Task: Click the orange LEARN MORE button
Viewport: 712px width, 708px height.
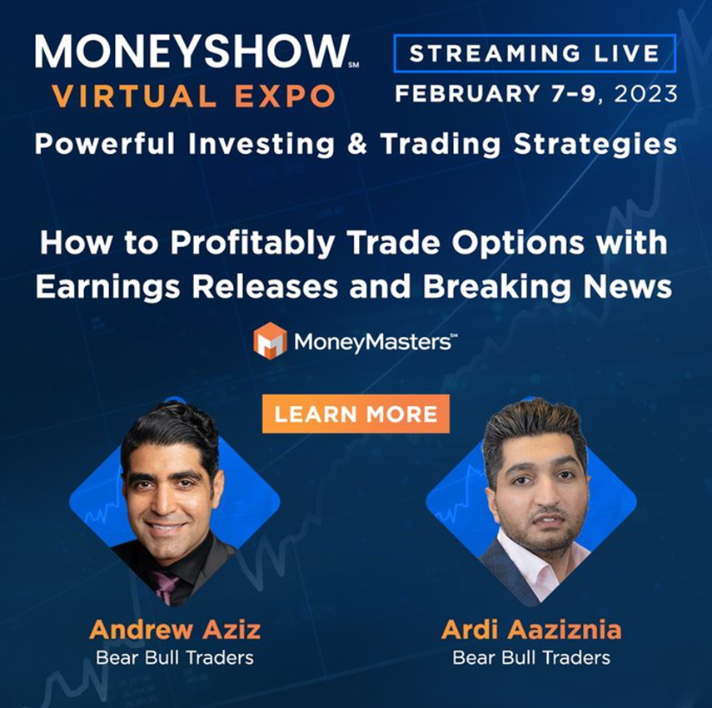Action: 356,413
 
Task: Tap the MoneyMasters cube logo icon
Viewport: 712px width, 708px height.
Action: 270,340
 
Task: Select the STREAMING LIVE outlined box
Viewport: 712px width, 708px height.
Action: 535,53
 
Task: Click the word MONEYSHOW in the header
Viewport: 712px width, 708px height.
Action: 192,52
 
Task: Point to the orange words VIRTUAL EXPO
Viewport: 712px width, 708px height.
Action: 194,97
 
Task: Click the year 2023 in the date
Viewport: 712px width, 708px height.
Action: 645,94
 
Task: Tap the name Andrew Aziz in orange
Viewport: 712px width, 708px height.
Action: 175,630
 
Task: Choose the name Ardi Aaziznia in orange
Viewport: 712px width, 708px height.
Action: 531,630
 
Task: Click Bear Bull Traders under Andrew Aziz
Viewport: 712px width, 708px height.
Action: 175,657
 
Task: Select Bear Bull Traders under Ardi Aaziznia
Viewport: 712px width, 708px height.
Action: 531,657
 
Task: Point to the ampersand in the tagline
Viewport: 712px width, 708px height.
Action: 357,144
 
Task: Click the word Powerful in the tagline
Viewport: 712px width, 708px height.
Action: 105,144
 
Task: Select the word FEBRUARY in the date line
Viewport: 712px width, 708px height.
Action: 468,94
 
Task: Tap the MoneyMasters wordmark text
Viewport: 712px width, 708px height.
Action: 372,342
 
